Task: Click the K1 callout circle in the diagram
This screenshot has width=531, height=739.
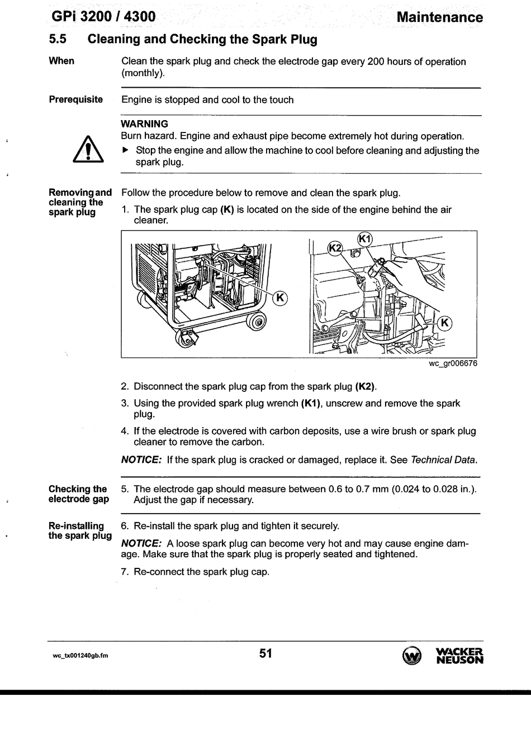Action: click(x=364, y=239)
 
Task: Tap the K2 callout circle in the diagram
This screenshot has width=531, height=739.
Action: click(x=335, y=248)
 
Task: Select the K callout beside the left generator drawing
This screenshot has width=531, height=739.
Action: click(x=279, y=298)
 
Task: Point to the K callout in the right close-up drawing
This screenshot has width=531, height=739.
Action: click(x=444, y=323)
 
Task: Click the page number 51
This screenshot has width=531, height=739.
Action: click(x=265, y=652)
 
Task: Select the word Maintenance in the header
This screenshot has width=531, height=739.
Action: click(x=439, y=17)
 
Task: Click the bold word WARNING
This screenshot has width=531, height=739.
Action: click(x=144, y=124)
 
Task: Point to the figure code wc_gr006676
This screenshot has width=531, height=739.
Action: click(x=453, y=364)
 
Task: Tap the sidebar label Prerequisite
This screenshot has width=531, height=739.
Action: click(x=76, y=100)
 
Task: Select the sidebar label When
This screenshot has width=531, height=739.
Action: click(x=61, y=61)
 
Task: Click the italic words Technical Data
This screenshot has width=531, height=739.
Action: click(x=443, y=460)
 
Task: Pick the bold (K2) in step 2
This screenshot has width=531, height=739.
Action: click(x=366, y=386)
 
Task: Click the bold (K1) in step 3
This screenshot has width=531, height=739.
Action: click(x=311, y=403)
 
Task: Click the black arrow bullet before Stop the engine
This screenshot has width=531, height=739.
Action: click(x=125, y=150)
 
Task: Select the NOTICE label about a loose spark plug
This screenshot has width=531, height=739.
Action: click(x=141, y=543)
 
